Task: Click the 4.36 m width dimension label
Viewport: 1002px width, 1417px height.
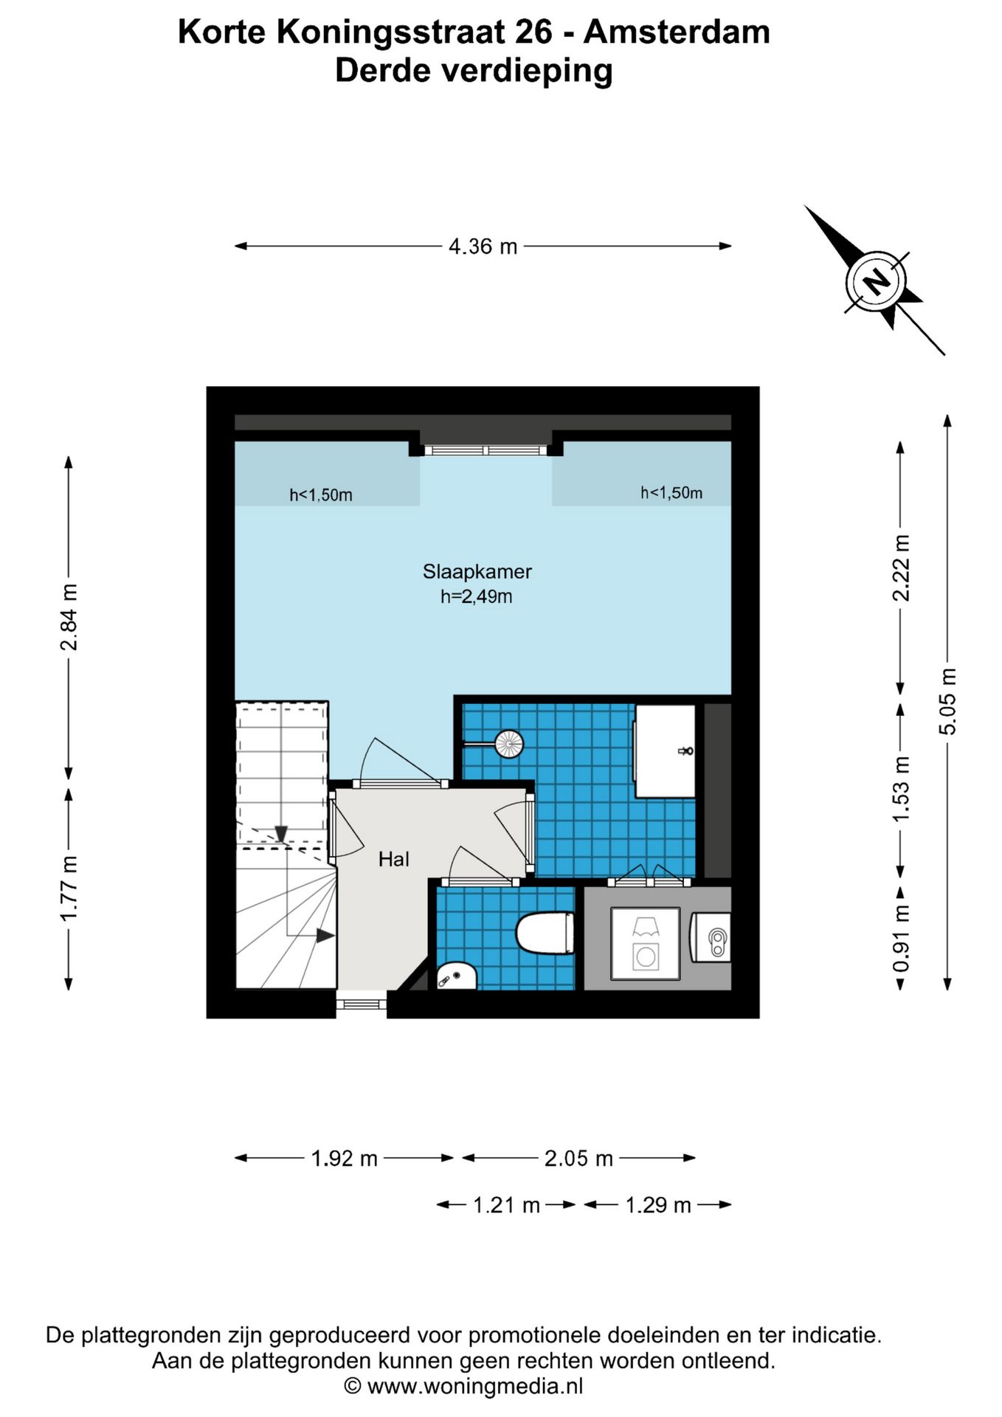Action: point(483,246)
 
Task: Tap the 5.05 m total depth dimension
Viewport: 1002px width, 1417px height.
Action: point(947,701)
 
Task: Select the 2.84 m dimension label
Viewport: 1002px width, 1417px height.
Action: point(69,617)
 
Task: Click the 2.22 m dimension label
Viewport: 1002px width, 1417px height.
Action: point(901,568)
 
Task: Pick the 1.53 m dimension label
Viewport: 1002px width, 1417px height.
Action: point(901,788)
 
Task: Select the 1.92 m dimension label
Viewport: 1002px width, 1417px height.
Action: point(344,1159)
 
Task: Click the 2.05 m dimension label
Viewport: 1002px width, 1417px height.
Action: point(578,1159)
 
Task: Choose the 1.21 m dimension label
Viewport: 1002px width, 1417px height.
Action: point(506,1205)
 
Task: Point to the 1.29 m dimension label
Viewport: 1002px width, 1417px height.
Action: point(658,1205)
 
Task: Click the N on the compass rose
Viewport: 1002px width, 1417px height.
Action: point(876,281)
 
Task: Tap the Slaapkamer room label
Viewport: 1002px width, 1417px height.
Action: point(477,571)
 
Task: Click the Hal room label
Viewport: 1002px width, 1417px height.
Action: point(394,859)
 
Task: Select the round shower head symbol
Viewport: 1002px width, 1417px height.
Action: point(509,743)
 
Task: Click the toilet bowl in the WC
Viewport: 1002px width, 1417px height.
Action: point(545,933)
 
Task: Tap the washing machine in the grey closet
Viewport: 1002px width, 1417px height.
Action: point(646,944)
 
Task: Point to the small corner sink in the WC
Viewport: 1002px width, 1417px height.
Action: point(456,976)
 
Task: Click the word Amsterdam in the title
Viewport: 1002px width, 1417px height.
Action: point(677,32)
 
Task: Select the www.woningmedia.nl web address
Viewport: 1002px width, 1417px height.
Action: point(475,1386)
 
